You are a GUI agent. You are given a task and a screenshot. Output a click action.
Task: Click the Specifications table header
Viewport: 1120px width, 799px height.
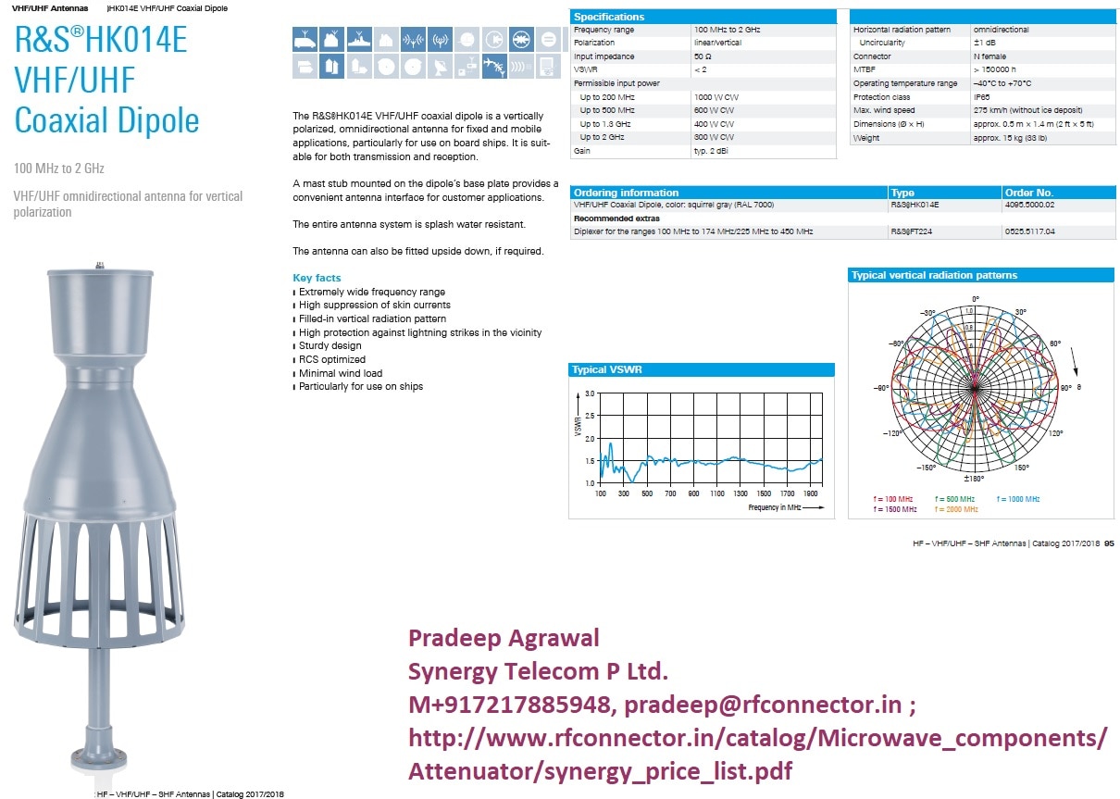pos(609,17)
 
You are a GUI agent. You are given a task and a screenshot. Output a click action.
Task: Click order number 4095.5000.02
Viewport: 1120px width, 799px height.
pos(1032,205)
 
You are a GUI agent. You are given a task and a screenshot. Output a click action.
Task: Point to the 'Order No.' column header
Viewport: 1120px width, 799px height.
pos(1030,193)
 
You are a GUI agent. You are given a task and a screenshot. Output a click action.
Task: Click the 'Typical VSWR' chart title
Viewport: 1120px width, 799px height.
pos(607,370)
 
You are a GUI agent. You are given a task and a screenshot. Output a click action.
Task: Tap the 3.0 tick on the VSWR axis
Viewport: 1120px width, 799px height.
pos(590,393)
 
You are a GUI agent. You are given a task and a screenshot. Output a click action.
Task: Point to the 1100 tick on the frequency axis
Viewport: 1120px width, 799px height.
pos(717,494)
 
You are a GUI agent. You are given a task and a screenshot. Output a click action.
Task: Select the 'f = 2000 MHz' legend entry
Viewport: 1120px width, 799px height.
pos(956,509)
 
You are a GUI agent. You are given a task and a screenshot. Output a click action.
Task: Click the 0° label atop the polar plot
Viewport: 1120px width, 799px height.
pos(974,299)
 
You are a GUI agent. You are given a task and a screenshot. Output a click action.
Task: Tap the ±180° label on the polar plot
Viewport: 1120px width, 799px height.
pos(973,479)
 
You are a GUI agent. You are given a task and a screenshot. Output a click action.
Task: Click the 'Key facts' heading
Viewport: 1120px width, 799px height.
pos(317,278)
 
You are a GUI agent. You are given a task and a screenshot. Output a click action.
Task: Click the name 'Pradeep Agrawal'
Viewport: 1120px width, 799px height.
pos(504,638)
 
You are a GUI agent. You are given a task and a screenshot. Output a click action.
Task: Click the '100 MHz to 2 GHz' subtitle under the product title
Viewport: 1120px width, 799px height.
pos(59,169)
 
